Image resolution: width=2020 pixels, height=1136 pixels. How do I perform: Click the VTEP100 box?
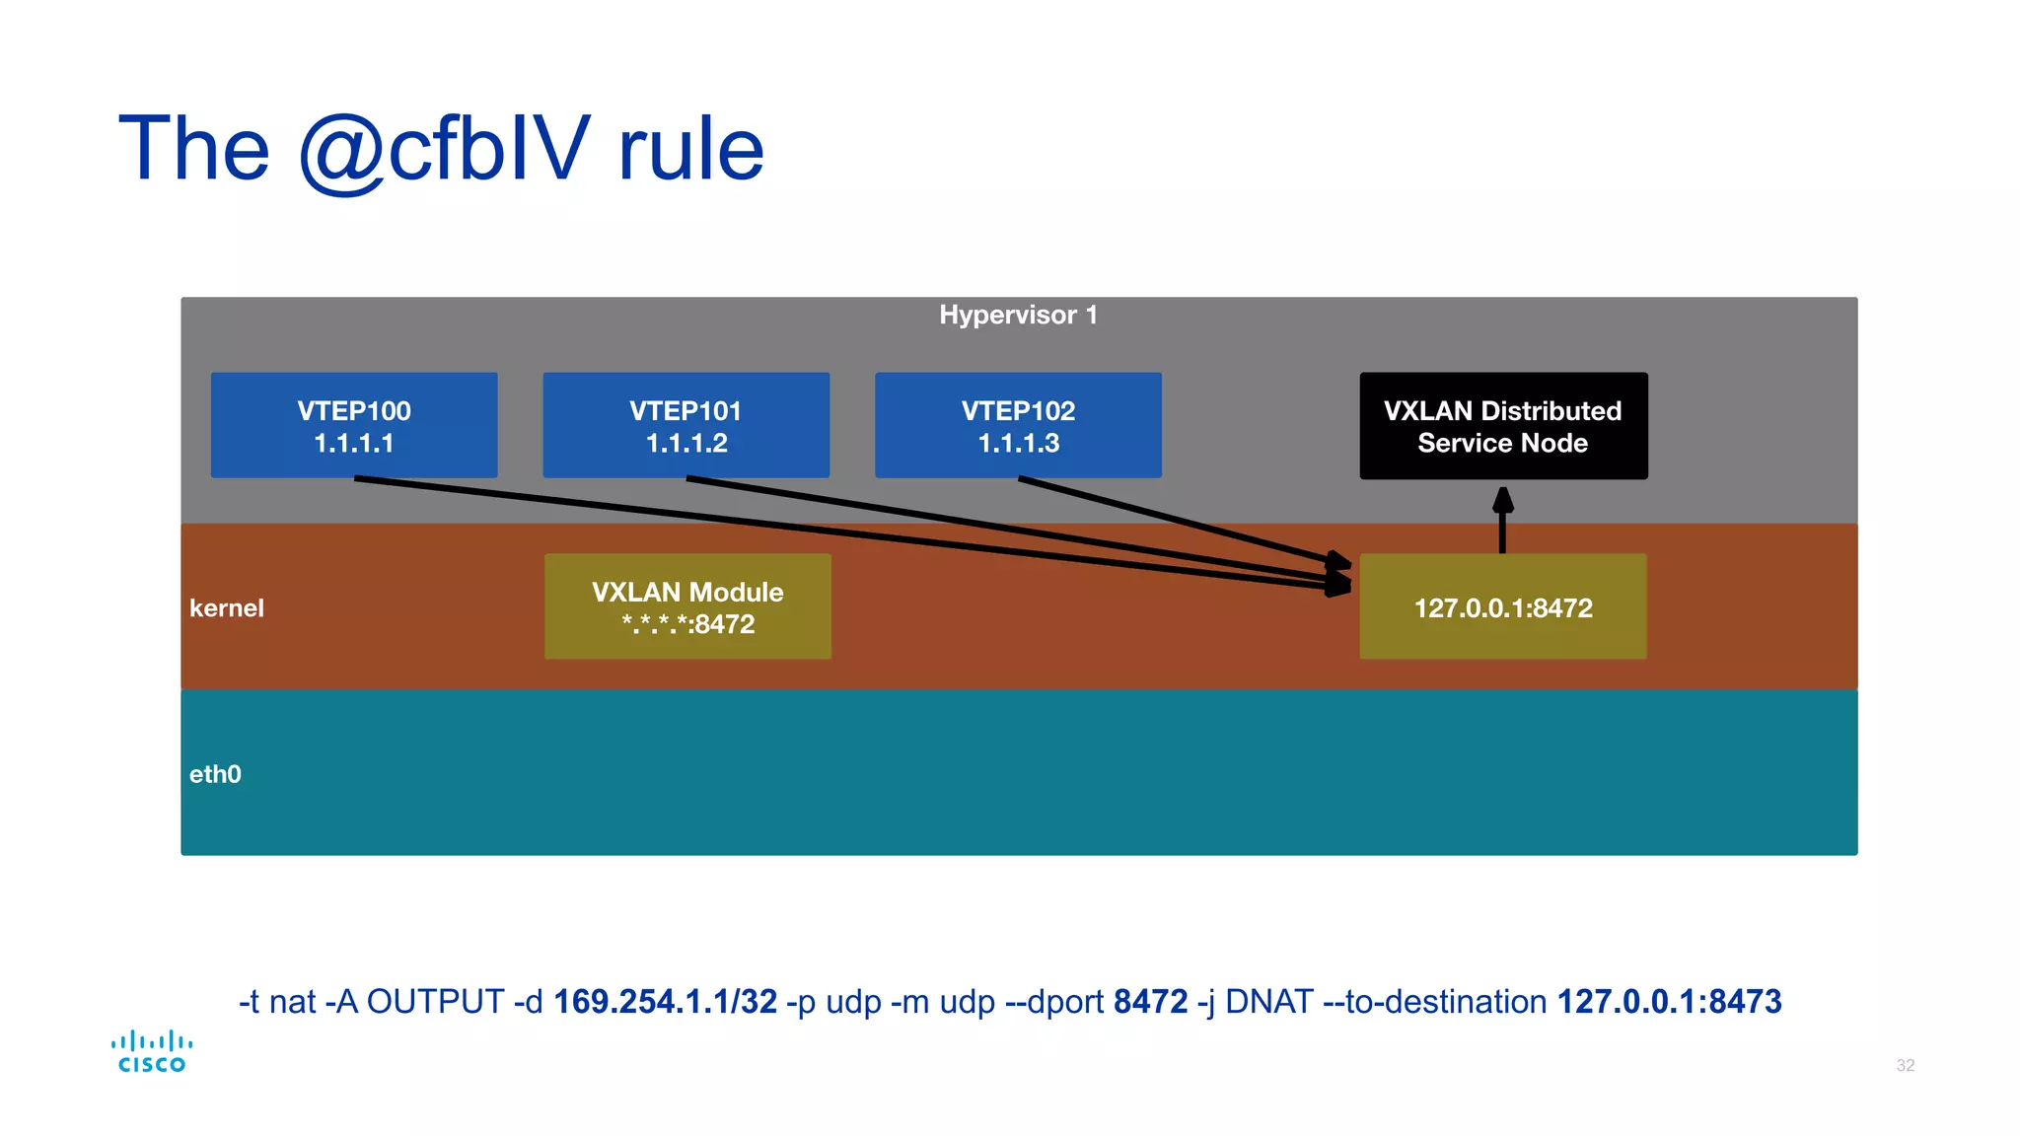tap(353, 425)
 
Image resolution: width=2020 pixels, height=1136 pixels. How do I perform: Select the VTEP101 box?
tap(685, 425)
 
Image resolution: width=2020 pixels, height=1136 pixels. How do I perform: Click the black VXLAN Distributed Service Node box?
tap(1502, 426)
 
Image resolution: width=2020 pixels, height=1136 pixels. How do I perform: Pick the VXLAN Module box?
tap(687, 606)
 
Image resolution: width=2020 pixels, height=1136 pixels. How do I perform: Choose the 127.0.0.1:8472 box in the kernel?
tap(1502, 607)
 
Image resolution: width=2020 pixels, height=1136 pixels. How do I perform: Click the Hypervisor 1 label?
tap(1018, 315)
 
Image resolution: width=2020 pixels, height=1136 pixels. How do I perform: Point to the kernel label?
tap(227, 607)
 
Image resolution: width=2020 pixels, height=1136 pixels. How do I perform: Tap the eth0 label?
tap(215, 774)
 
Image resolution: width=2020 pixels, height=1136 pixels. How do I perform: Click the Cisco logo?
tap(152, 1051)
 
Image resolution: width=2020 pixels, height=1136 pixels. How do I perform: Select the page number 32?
tap(1905, 1065)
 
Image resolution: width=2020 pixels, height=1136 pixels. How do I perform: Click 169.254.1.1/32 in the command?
tap(665, 1001)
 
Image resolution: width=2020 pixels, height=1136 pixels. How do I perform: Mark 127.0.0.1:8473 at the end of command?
tap(1669, 1001)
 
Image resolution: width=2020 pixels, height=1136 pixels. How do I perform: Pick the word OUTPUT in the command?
tap(435, 1001)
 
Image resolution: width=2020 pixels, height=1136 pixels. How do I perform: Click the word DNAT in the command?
tap(1268, 1001)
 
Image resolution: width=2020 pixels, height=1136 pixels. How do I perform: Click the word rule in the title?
tap(690, 149)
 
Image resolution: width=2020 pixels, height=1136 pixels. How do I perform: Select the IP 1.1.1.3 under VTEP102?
tap(1018, 444)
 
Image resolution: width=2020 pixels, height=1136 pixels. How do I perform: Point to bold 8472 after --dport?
tap(1150, 1001)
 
